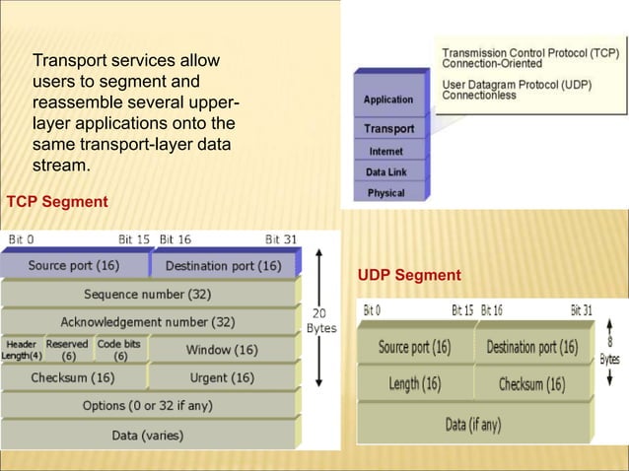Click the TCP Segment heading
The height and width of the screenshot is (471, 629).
point(57,202)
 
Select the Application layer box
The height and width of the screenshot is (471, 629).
point(388,100)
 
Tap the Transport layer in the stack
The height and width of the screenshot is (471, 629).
point(388,129)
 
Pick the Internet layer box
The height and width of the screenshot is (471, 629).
point(385,152)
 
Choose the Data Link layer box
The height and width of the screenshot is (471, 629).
point(386,172)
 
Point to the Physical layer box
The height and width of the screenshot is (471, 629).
point(386,193)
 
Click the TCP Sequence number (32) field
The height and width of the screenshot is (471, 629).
point(148,294)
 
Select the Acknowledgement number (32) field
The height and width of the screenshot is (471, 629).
point(148,321)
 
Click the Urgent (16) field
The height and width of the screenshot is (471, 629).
point(221,377)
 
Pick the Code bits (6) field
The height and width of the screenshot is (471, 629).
point(119,350)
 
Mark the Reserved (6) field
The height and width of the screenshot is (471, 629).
point(68,350)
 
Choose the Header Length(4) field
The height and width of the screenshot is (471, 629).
point(22,350)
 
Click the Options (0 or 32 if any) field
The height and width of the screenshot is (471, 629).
point(148,405)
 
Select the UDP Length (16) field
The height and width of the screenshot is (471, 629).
point(414,384)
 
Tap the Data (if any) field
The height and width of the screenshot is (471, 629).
point(474,425)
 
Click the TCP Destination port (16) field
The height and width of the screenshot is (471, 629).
point(223,265)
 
